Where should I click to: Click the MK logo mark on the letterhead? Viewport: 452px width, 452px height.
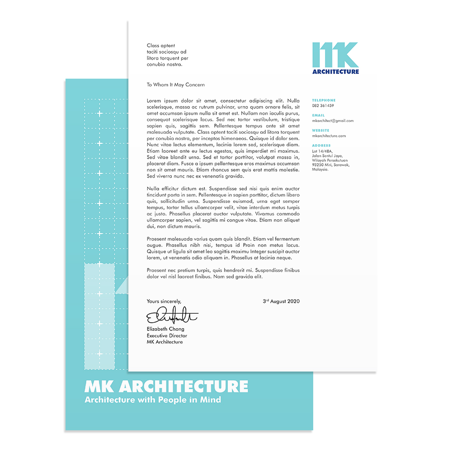pyautogui.click(x=335, y=55)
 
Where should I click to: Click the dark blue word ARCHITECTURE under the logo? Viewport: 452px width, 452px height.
pyautogui.click(x=335, y=71)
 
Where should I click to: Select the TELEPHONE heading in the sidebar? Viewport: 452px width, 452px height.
pyautogui.click(x=324, y=100)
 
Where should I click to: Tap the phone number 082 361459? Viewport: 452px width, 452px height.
pyautogui.click(x=323, y=106)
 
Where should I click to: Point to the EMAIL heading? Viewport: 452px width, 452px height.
pyautogui.click(x=318, y=115)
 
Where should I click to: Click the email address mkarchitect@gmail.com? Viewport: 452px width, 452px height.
pyautogui.click(x=333, y=121)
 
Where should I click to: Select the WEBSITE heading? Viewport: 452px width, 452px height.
pyautogui.click(x=320, y=131)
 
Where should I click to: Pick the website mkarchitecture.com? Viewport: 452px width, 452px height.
pyautogui.click(x=329, y=136)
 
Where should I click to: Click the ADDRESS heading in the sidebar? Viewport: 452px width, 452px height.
pyautogui.click(x=321, y=146)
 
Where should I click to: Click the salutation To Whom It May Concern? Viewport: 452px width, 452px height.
pyautogui.click(x=175, y=85)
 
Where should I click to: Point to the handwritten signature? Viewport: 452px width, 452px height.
pyautogui.click(x=172, y=315)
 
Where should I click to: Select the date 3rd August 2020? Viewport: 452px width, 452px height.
pyautogui.click(x=281, y=301)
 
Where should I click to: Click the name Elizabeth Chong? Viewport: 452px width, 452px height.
pyautogui.click(x=165, y=329)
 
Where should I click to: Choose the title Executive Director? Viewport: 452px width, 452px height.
pyautogui.click(x=167, y=336)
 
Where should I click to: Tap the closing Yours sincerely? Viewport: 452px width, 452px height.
pyautogui.click(x=164, y=301)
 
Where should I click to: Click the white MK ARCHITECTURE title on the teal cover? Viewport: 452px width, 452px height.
pyautogui.click(x=166, y=386)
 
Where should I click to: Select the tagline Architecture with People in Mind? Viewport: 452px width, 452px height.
pyautogui.click(x=153, y=400)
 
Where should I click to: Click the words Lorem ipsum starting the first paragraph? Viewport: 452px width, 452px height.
pyautogui.click(x=161, y=100)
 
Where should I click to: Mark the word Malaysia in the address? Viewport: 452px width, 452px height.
pyautogui.click(x=320, y=169)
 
